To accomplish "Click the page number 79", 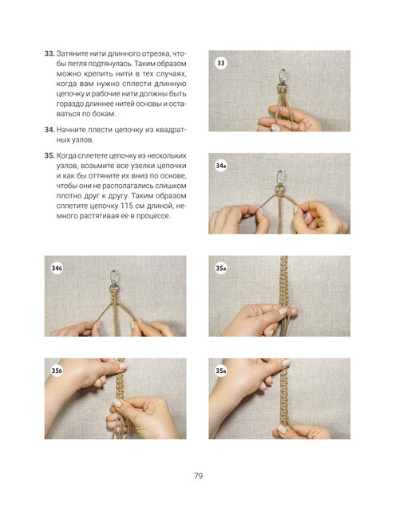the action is tap(199, 476).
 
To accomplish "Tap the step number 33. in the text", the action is tap(49, 53).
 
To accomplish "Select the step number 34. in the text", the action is tap(49, 130).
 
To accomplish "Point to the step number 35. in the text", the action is tap(49, 156).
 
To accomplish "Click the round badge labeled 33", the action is tap(221, 63).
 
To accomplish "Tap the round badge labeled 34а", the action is tap(221, 166).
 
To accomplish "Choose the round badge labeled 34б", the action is tap(57, 269).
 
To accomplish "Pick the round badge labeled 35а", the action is tap(221, 269).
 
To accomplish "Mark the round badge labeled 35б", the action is tap(57, 371).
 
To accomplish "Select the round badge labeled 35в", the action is tap(221, 371).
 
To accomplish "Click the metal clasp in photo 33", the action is tap(282, 79).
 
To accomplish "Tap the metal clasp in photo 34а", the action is tap(279, 180).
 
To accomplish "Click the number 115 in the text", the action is tap(126, 206).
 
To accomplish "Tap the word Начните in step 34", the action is tap(69, 130).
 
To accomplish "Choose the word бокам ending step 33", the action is tap(105, 115).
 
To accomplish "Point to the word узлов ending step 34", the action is tap(82, 140).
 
